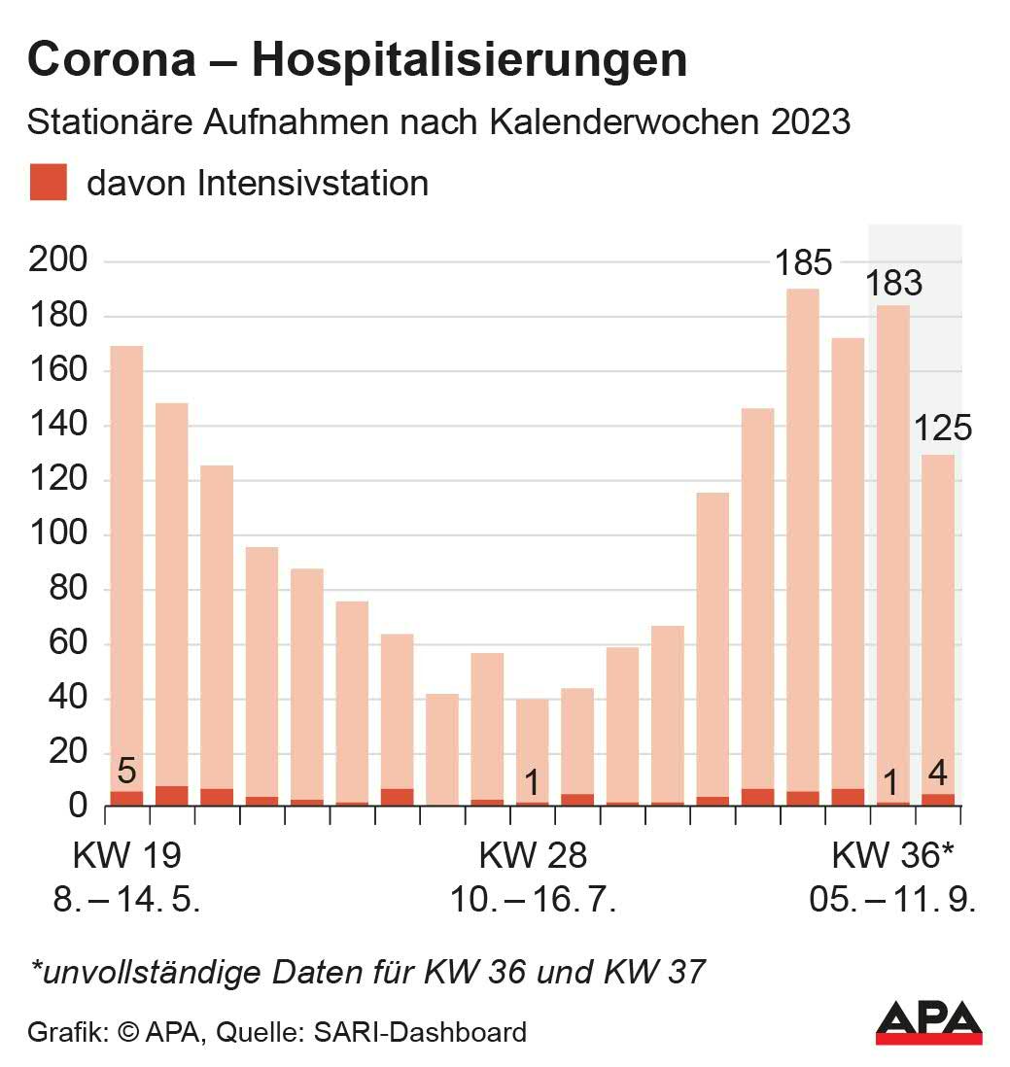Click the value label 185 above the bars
[803, 262]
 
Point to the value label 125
[942, 428]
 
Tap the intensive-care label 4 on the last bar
[939, 774]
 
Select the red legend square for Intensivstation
[48, 183]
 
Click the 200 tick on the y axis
[59, 261]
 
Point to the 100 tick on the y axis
[59, 534]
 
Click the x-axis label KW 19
[127, 856]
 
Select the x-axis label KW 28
[533, 856]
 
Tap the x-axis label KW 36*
[892, 856]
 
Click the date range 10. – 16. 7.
[533, 900]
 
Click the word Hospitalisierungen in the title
[470, 60]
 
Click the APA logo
[927, 1021]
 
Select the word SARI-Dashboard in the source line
[419, 1031]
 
